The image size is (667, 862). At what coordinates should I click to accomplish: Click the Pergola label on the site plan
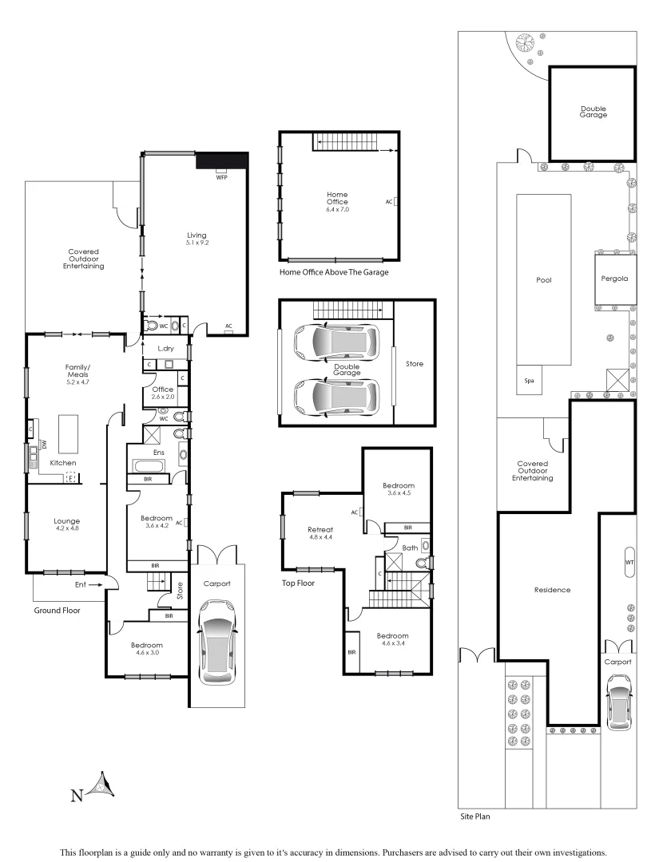(x=614, y=279)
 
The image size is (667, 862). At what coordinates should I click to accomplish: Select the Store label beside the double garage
(x=414, y=364)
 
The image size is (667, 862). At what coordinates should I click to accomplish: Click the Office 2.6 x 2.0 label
(x=162, y=393)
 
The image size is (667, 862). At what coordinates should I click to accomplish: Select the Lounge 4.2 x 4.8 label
(x=67, y=525)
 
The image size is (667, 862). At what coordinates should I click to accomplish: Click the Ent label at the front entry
(x=81, y=584)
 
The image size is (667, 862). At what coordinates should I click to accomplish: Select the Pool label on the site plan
(x=543, y=280)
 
